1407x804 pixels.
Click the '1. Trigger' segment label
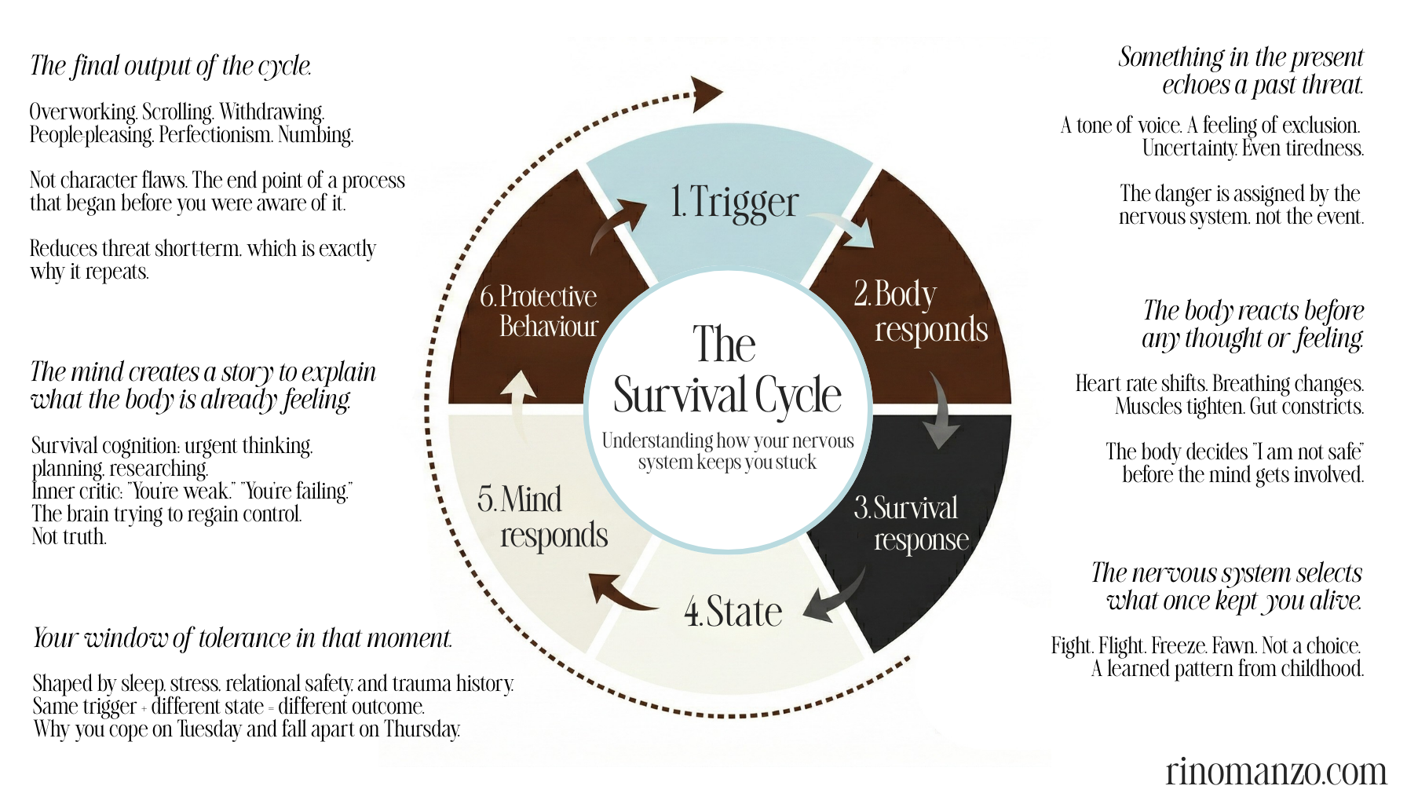[734, 203]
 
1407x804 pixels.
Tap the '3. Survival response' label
[911, 524]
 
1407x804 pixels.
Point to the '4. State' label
[733, 612]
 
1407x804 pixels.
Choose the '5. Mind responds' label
[542, 517]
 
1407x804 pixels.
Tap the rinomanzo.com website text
[1275, 771]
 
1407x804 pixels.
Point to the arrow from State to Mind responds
[620, 593]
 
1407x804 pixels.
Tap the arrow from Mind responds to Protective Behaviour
[519, 401]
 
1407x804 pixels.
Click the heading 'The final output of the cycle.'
[170, 66]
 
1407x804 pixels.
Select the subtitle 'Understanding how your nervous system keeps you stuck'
[727, 451]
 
